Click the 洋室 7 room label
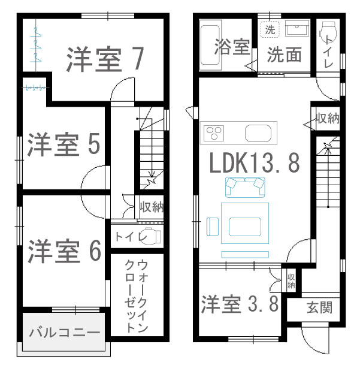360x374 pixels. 105,59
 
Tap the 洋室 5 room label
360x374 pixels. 64,144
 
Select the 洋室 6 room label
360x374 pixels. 64,251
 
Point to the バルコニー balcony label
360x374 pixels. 64,332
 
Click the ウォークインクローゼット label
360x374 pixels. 137,295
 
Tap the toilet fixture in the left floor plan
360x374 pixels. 150,236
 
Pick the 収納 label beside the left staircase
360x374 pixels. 152,207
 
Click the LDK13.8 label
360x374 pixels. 255,162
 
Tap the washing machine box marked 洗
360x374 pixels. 270,29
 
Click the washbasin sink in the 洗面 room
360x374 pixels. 297,28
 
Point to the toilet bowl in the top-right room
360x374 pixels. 328,33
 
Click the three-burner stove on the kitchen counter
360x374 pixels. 214,133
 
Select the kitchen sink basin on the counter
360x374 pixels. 258,133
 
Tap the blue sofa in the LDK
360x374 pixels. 245,187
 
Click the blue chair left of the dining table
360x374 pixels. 213,227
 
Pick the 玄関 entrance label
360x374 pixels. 319,307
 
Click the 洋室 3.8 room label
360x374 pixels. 240,304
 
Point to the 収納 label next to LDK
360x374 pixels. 328,118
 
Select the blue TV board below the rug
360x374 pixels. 245,255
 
